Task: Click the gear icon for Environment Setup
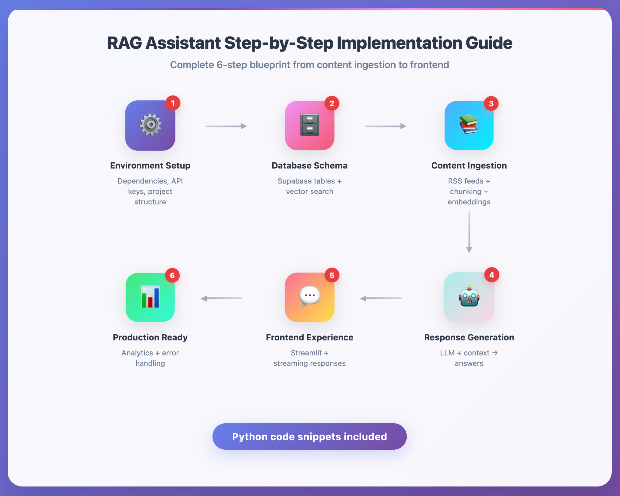pyautogui.click(x=150, y=125)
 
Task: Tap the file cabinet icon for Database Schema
pyautogui.click(x=310, y=125)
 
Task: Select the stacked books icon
pyautogui.click(x=469, y=124)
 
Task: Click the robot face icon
pyautogui.click(x=469, y=296)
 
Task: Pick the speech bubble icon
pyautogui.click(x=310, y=296)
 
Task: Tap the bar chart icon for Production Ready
pyautogui.click(x=150, y=296)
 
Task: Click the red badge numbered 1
pyautogui.click(x=173, y=103)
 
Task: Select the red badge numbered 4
pyautogui.click(x=492, y=275)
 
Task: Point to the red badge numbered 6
pyautogui.click(x=172, y=276)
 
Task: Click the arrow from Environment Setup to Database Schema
pyautogui.click(x=226, y=126)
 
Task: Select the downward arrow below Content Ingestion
pyautogui.click(x=469, y=232)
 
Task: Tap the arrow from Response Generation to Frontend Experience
pyautogui.click(x=381, y=298)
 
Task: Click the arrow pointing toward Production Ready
pyautogui.click(x=221, y=298)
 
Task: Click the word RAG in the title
pyautogui.click(x=124, y=43)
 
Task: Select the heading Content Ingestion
pyautogui.click(x=469, y=165)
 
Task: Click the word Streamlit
pyautogui.click(x=306, y=353)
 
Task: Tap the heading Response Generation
pyautogui.click(x=469, y=337)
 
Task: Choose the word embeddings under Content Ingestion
pyautogui.click(x=469, y=202)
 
